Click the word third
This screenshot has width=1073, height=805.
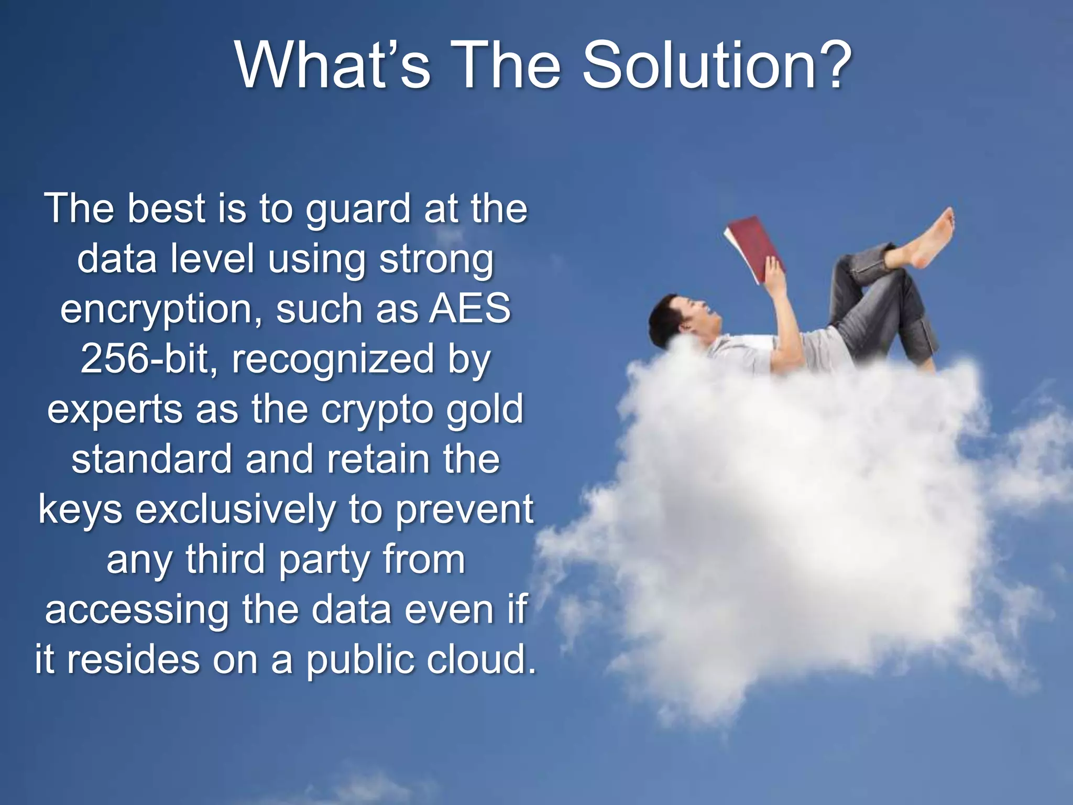225,559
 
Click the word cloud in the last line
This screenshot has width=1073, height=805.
481,659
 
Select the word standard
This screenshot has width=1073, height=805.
151,460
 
